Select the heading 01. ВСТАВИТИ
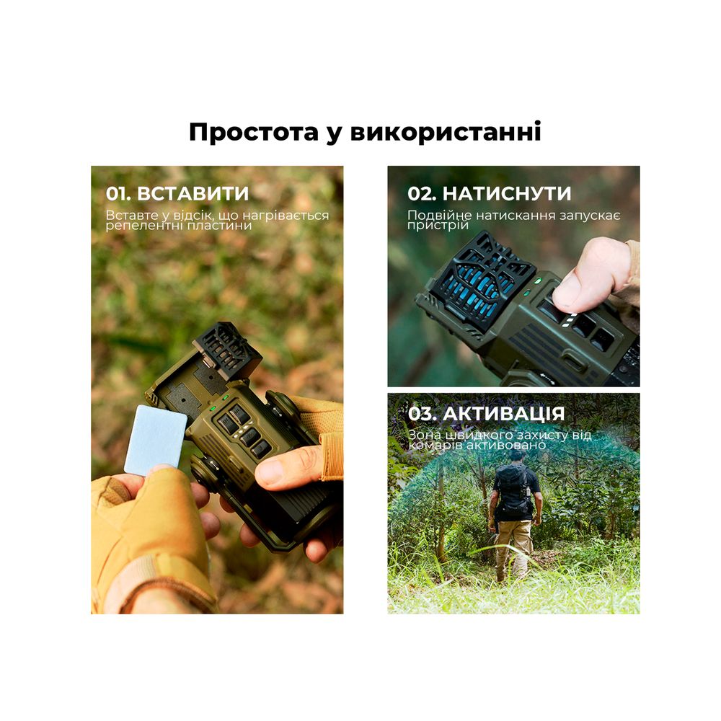[x=177, y=193]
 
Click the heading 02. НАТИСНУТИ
[x=489, y=193]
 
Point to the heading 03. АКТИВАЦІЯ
[x=486, y=414]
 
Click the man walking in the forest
[x=515, y=512]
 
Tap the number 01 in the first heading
[x=116, y=193]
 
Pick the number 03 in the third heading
[x=419, y=414]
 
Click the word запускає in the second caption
[x=596, y=215]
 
